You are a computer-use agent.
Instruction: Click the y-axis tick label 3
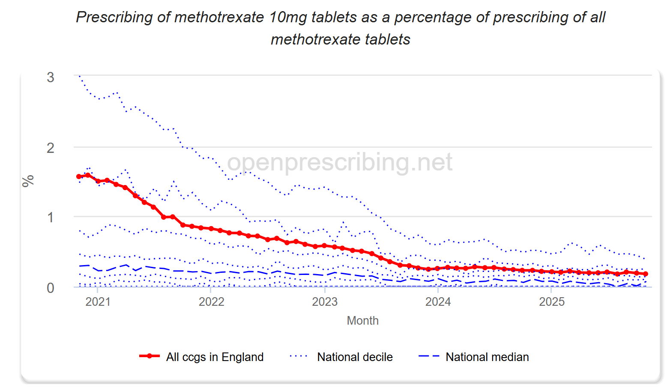point(51,78)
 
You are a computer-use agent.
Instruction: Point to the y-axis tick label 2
point(51,148)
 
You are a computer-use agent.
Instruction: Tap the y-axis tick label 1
point(51,218)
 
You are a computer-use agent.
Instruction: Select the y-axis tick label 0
point(51,288)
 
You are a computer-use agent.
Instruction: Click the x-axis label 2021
point(98,302)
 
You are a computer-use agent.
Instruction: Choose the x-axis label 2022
point(211,302)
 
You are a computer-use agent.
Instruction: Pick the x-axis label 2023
point(325,302)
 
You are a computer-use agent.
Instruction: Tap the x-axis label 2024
point(438,302)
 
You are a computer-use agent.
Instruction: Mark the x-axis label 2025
point(551,302)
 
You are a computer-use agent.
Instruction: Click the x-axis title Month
point(362,321)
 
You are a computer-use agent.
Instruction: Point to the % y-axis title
point(28,181)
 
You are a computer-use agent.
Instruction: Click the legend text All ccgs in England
point(215,357)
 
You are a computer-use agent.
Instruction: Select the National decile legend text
point(355,357)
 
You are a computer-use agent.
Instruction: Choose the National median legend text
point(487,357)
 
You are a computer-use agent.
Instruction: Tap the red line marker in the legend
point(150,356)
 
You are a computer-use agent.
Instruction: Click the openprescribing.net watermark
point(339,162)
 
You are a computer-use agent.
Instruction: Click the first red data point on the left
point(79,176)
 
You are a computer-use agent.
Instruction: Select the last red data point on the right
point(646,274)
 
